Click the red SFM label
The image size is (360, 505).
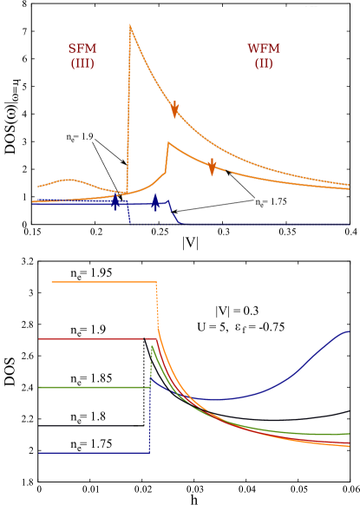point(82,49)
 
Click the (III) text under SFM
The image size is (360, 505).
point(82,63)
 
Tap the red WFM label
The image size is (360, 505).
point(264,49)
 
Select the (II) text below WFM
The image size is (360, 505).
point(264,63)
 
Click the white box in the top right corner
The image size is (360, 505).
point(316,14)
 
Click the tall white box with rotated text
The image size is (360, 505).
point(10,84)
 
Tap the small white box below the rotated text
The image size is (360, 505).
point(11,115)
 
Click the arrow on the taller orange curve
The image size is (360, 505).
point(174,109)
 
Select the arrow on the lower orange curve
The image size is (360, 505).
point(212,167)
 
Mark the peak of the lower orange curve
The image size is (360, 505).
point(168,143)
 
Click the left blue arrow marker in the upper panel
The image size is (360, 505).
point(115,202)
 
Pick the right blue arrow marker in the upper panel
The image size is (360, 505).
point(155,203)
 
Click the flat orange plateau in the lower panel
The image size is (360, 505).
point(104,282)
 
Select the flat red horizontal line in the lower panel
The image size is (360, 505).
point(91,338)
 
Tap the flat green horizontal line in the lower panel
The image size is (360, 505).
point(91,388)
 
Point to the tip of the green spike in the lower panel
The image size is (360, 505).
point(153,346)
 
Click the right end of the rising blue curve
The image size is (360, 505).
point(349,331)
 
